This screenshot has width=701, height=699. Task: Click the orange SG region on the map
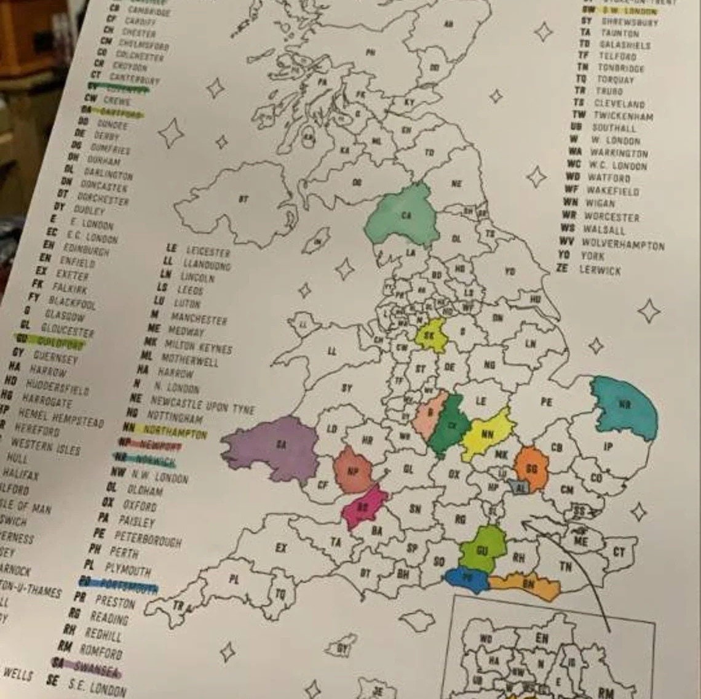coord(531,469)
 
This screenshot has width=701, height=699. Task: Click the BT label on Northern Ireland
coord(244,199)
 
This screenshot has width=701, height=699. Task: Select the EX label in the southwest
coord(281,547)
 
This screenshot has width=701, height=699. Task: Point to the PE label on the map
coord(547,402)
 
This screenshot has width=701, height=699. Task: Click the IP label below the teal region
coord(608,447)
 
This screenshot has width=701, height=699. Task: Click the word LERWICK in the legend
coord(600,270)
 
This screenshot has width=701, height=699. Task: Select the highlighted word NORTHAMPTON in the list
coord(175,432)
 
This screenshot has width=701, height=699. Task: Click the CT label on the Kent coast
coord(619,552)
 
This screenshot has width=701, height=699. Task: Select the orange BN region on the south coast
coord(528,585)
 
